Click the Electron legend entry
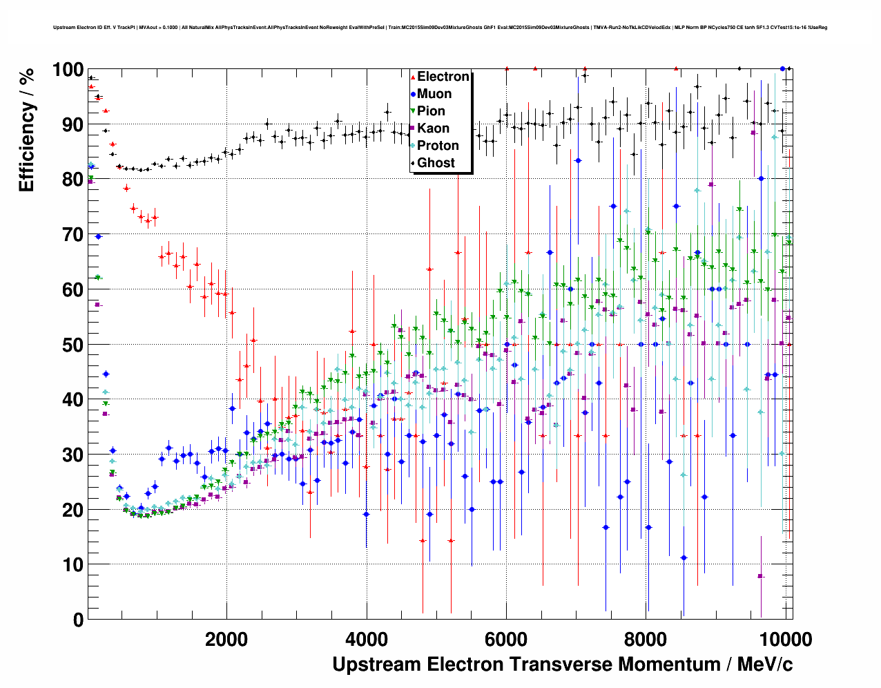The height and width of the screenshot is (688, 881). pos(443,77)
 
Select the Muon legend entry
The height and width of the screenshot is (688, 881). pos(434,94)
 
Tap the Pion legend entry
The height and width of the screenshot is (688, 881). pos(431,111)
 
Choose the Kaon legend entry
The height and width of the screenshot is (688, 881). pos(433,128)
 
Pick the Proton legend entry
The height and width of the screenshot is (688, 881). pos(438,146)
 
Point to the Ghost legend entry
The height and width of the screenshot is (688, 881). pos(436,163)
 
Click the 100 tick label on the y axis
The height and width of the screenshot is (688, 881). pos(68,70)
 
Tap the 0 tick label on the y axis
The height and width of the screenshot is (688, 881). pos(78,620)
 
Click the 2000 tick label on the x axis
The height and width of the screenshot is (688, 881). pos(226,640)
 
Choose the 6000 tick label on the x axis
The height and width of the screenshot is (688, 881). pos(506,640)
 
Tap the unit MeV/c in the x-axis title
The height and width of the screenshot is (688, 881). pos(764,665)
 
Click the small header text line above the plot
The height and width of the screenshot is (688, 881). pos(440,28)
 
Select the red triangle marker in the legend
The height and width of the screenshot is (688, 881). pos(413,77)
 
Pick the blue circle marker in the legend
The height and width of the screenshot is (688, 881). pos(413,94)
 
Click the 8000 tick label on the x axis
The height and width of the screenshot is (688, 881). pos(646,640)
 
